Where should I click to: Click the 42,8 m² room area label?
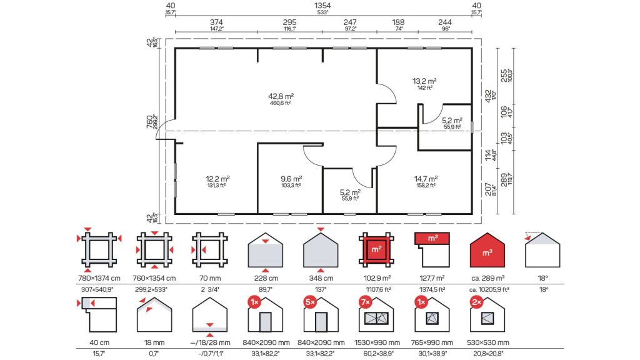[x=281, y=96]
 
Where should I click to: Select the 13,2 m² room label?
[x=424, y=81]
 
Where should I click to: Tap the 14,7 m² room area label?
[x=426, y=179]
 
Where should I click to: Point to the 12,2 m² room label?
[x=217, y=179]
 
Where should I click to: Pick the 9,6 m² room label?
[x=291, y=179]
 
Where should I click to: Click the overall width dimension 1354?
[x=322, y=6]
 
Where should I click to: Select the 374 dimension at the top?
[x=216, y=22]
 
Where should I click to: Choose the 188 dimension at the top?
[x=398, y=22]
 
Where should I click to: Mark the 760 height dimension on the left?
[x=149, y=122]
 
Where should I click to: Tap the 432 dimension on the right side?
[x=488, y=96]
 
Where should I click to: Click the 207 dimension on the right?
[x=488, y=189]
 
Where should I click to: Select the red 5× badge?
[x=310, y=302]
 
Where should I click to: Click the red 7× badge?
[x=365, y=302]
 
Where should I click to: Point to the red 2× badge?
[x=476, y=302]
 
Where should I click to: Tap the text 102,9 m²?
[x=377, y=278]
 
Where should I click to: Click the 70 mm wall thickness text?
[x=210, y=278]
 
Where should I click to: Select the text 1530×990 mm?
[x=377, y=343]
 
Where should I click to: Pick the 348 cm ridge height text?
[x=321, y=278]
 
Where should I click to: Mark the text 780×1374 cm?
[x=99, y=278]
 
